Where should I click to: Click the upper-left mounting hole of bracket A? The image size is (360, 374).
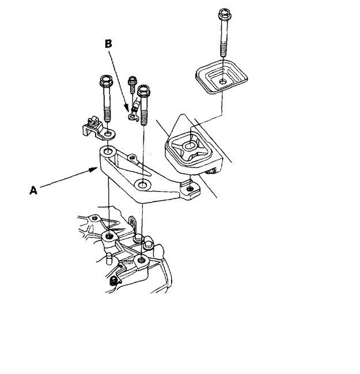tap(107, 152)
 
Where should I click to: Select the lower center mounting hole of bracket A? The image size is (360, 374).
tap(142, 185)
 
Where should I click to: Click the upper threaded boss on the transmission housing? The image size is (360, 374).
tap(108, 236)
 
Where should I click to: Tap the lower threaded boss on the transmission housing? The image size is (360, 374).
tap(141, 260)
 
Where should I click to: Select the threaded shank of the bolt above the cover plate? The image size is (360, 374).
tap(223, 40)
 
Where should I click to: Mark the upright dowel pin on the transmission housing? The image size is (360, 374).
tap(108, 257)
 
